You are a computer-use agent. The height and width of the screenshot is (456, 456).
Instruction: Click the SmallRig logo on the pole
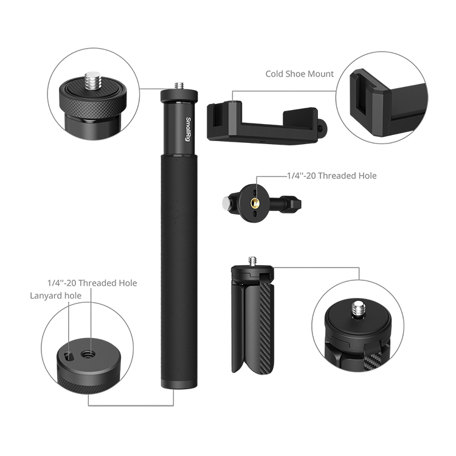click(188, 130)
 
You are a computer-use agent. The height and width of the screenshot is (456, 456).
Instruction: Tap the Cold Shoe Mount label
click(299, 74)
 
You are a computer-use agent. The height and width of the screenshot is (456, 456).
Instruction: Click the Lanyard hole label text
click(55, 295)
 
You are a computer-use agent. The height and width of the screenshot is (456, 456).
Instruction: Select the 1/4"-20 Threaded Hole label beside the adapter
click(332, 176)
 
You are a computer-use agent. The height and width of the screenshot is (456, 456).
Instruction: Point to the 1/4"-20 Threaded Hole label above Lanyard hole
click(92, 283)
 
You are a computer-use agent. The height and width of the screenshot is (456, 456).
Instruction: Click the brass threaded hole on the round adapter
click(256, 203)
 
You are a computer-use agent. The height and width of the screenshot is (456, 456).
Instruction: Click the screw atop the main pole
click(179, 86)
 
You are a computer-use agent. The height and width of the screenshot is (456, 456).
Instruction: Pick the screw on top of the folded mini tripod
click(252, 261)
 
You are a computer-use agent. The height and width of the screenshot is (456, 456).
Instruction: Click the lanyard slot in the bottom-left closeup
click(68, 356)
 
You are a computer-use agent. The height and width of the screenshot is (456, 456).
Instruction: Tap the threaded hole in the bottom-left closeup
click(88, 354)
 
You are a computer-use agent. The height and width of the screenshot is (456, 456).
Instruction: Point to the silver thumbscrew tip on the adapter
click(226, 202)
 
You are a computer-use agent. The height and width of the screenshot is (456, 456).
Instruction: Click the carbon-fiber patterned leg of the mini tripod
click(266, 328)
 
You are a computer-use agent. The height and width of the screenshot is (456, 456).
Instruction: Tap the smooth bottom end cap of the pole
click(179, 383)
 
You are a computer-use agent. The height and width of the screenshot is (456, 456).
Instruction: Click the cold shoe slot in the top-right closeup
click(362, 96)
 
